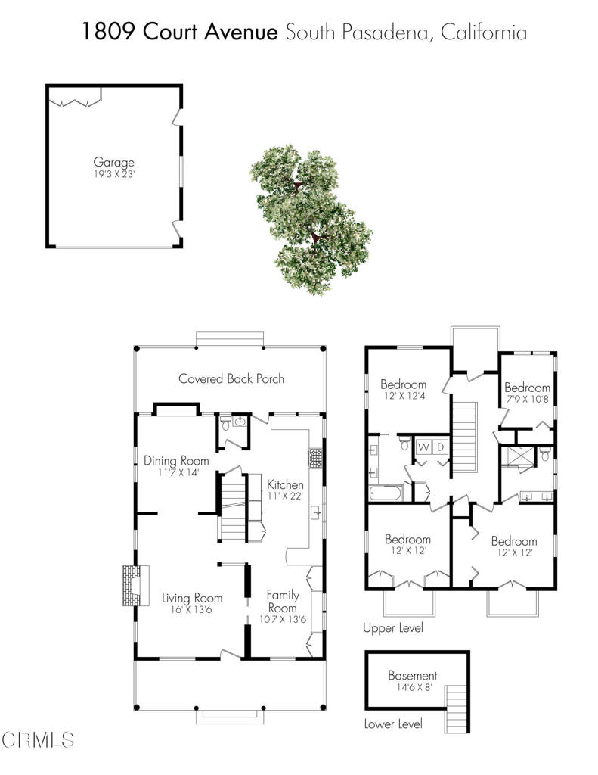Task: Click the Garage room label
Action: (x=113, y=162)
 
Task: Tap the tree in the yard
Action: (x=311, y=219)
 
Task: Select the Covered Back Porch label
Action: (x=231, y=378)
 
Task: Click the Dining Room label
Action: (x=176, y=460)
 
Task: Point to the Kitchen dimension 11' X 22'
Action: (x=286, y=496)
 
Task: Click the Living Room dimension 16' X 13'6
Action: (x=192, y=610)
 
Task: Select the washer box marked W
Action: (x=423, y=447)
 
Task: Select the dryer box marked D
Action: (x=439, y=447)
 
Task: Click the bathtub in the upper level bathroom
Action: (x=386, y=493)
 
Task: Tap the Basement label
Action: (x=412, y=675)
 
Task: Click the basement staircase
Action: (x=455, y=705)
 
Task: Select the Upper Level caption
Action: (x=392, y=628)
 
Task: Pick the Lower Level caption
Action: (x=392, y=724)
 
